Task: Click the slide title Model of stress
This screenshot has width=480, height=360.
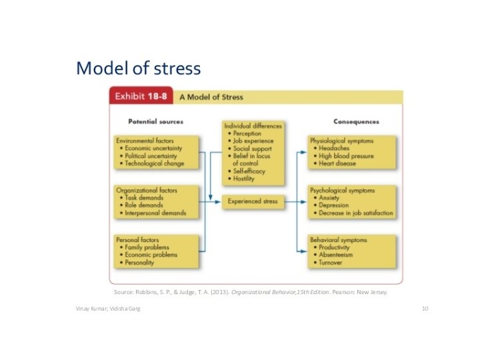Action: (x=138, y=69)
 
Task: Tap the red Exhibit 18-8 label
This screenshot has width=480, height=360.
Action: (x=141, y=97)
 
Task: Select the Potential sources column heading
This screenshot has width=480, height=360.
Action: (x=155, y=121)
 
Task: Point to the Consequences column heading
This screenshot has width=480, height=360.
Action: (x=356, y=121)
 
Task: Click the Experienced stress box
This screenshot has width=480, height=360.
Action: (x=253, y=201)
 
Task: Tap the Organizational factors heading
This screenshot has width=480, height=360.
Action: (x=147, y=191)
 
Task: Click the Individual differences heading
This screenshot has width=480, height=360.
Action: (x=253, y=125)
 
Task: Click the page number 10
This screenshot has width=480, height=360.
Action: (x=425, y=309)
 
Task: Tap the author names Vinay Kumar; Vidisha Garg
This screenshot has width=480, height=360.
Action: (x=108, y=309)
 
